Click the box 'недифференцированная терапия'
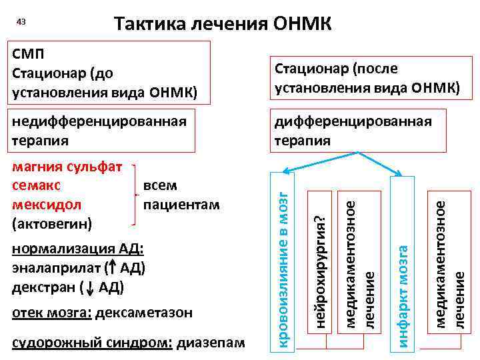point(100,131)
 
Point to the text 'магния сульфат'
point(67,167)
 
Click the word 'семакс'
point(36,185)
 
